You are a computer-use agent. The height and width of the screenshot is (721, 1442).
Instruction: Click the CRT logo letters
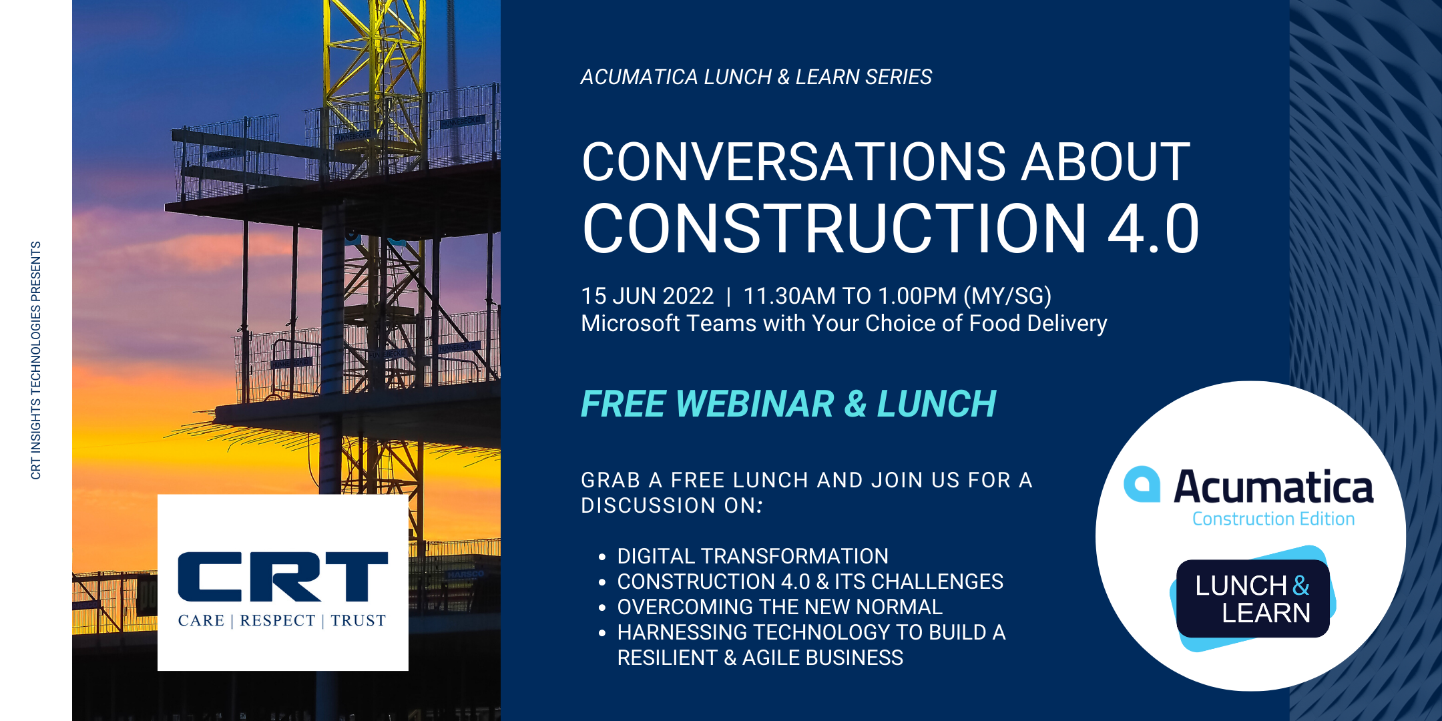[x=282, y=576]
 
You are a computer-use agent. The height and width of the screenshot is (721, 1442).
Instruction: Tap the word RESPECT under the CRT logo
[x=277, y=621]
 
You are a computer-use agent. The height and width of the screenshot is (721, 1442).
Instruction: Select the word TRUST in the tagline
[x=358, y=621]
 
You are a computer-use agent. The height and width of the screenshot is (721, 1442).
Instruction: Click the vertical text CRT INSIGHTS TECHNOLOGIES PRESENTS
[x=36, y=360]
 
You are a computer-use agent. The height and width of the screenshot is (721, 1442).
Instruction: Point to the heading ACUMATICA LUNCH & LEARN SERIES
[x=756, y=77]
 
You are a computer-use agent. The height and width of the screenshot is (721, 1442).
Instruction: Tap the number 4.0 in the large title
[x=1154, y=229]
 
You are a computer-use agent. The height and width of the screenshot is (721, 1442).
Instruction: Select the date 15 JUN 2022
[x=648, y=296]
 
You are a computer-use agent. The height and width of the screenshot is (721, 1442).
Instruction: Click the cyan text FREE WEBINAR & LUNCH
[x=788, y=404]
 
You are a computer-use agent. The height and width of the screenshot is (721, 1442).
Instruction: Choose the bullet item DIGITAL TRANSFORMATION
[x=752, y=556]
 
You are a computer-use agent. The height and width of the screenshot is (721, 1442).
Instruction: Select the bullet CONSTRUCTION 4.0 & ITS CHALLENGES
[x=810, y=581]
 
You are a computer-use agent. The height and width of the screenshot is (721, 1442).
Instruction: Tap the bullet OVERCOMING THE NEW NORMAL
[x=780, y=607]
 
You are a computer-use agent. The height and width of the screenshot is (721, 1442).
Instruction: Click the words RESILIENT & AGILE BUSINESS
[x=760, y=658]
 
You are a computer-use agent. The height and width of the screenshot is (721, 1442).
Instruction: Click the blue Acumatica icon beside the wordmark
[x=1142, y=484]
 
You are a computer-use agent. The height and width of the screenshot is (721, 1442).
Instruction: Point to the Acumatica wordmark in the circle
[x=1274, y=487]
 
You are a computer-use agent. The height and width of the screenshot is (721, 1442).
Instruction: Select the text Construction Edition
[x=1274, y=519]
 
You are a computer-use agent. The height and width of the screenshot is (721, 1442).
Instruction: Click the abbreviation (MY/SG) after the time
[x=1008, y=296]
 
